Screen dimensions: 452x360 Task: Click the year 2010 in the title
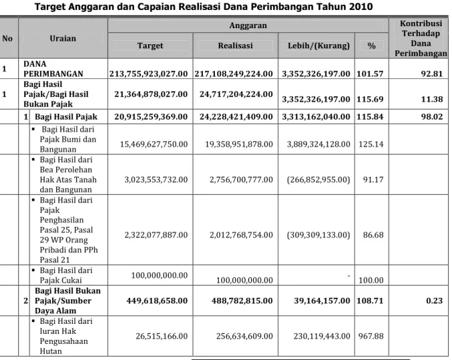click(x=360, y=6)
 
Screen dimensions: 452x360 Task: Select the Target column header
click(x=150, y=46)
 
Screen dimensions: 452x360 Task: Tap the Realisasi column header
click(x=235, y=46)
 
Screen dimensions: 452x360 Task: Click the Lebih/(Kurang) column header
click(x=319, y=46)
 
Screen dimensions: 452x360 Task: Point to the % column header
click(x=372, y=46)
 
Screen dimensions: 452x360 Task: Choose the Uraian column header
click(x=63, y=38)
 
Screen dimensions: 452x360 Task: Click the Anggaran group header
click(x=248, y=25)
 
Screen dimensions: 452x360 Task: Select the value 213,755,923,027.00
click(x=149, y=74)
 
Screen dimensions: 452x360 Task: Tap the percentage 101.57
click(x=370, y=74)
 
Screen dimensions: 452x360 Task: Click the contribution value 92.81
click(x=432, y=74)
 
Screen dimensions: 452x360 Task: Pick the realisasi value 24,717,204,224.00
click(x=236, y=94)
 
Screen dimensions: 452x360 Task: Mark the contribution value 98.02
click(x=432, y=116)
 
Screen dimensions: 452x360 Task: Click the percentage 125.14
click(x=371, y=144)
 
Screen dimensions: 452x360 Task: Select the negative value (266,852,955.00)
click(x=318, y=180)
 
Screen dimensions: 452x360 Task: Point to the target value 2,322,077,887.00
click(x=156, y=235)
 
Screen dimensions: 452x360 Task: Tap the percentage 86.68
click(x=373, y=235)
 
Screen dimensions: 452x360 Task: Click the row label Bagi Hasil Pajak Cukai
click(x=66, y=275)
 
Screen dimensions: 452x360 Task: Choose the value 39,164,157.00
click(x=322, y=300)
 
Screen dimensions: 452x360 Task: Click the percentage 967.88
click(x=371, y=336)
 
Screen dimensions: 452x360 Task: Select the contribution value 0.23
click(x=435, y=300)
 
